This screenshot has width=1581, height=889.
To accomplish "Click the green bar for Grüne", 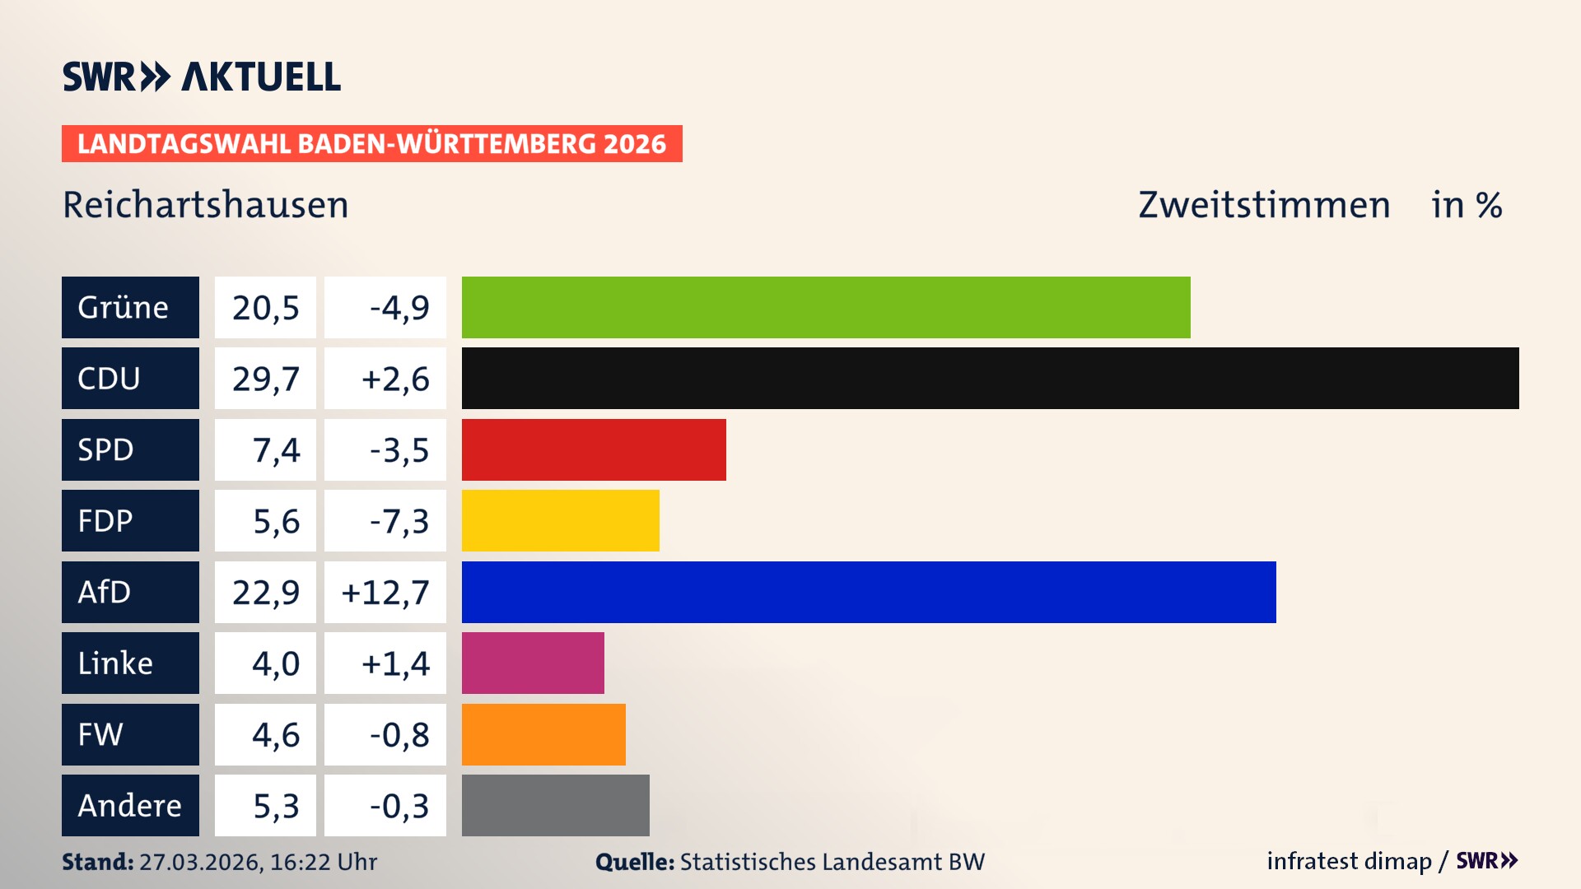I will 826,307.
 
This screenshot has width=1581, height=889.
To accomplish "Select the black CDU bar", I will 990,379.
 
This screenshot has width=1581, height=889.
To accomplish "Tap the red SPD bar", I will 594,449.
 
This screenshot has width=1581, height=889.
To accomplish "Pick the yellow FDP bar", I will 560,521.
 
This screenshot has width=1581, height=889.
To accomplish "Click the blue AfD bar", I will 869,592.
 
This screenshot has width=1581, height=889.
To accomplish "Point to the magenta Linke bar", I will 533,663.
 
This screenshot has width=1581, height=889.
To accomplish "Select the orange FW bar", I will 543,734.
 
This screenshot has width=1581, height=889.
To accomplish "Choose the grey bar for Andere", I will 555,805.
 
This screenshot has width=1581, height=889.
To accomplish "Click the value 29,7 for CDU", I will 265,379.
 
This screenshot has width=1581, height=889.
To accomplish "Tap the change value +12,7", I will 385,592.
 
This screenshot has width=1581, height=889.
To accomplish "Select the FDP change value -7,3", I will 399,521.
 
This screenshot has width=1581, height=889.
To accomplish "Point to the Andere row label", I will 130,805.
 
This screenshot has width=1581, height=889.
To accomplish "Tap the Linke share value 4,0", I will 276,663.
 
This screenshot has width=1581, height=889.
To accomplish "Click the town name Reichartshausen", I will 206,205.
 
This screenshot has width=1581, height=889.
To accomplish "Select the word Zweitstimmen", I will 1264,205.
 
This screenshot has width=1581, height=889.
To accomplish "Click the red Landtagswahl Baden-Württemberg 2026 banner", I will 371,144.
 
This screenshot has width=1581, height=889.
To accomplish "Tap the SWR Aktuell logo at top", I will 202,77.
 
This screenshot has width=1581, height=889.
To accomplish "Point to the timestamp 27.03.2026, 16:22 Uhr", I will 258,862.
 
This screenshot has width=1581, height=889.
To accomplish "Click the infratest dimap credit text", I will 1349,861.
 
